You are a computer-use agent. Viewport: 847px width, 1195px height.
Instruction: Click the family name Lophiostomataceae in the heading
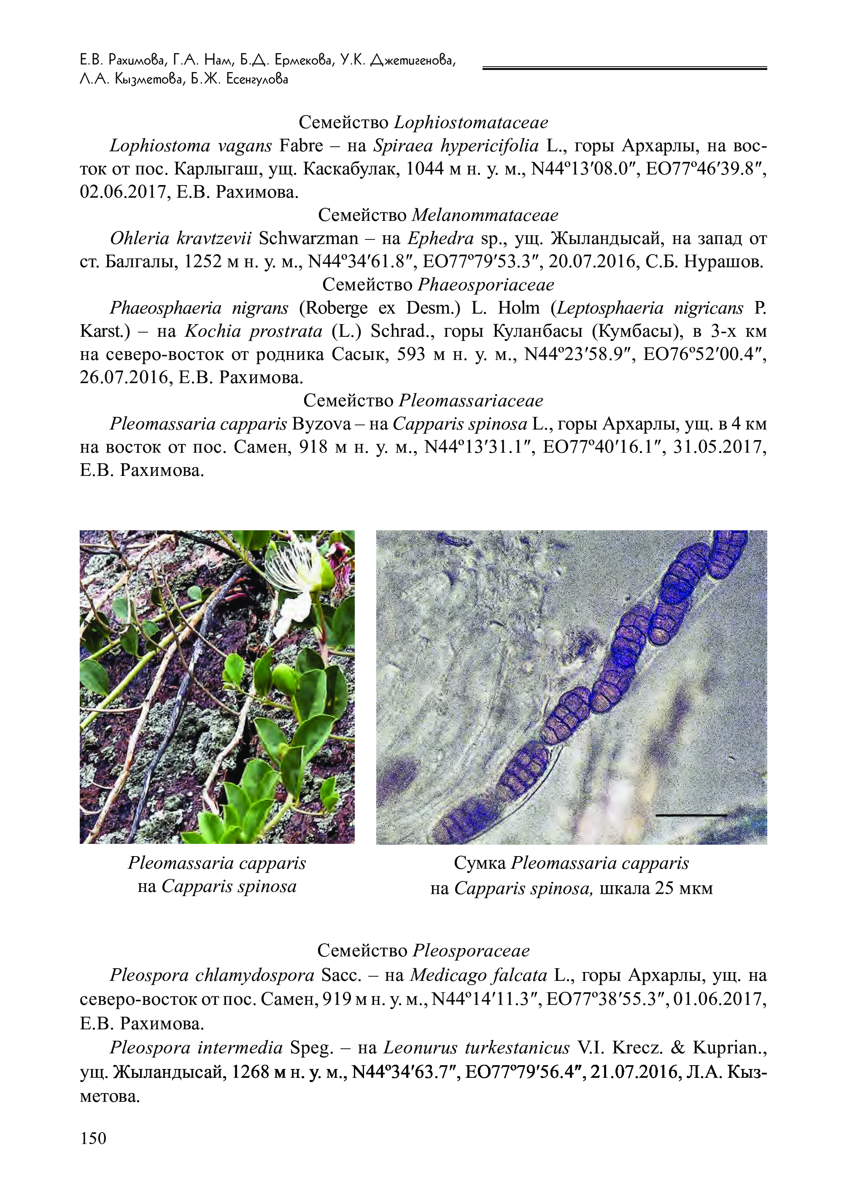coord(471,123)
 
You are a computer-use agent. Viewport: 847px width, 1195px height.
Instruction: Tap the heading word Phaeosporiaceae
coord(486,285)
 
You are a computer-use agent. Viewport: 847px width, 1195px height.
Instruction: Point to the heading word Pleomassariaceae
coord(471,400)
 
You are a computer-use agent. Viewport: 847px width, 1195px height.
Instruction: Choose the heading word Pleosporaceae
coord(471,951)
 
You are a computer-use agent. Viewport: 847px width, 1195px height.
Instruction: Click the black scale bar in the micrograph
coord(691,814)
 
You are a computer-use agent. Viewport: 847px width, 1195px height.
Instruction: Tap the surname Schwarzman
coord(309,238)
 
